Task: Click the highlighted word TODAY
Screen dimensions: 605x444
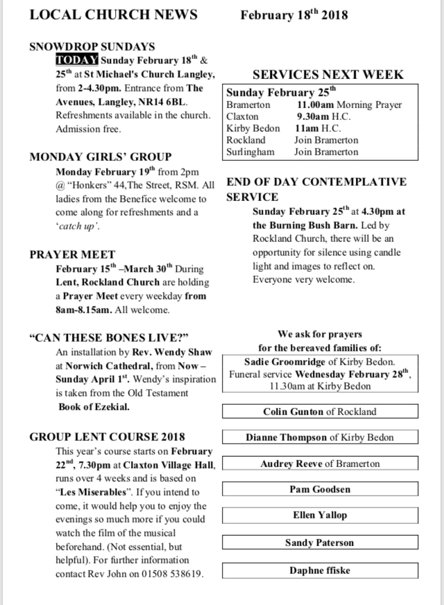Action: coord(77,60)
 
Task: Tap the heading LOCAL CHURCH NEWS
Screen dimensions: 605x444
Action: coord(113,15)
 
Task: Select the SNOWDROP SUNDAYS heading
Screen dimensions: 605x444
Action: coord(92,47)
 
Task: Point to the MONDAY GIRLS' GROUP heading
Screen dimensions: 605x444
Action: coord(101,157)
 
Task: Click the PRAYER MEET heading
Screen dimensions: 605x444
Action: coord(72,254)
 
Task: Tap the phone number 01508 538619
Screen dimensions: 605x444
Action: coord(173,574)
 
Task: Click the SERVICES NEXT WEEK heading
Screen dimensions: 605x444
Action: coord(327,75)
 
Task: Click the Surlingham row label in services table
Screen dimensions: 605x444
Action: coord(250,151)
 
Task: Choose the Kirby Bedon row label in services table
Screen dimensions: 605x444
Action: coord(253,128)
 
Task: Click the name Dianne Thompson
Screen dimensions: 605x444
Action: coord(286,437)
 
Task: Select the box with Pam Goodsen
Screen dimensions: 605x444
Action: coord(320,489)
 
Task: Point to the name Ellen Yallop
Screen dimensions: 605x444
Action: coord(320,515)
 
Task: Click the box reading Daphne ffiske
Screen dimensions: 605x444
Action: coord(320,570)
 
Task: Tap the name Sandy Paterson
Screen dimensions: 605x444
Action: coord(320,543)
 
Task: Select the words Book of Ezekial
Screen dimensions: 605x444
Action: coord(94,407)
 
